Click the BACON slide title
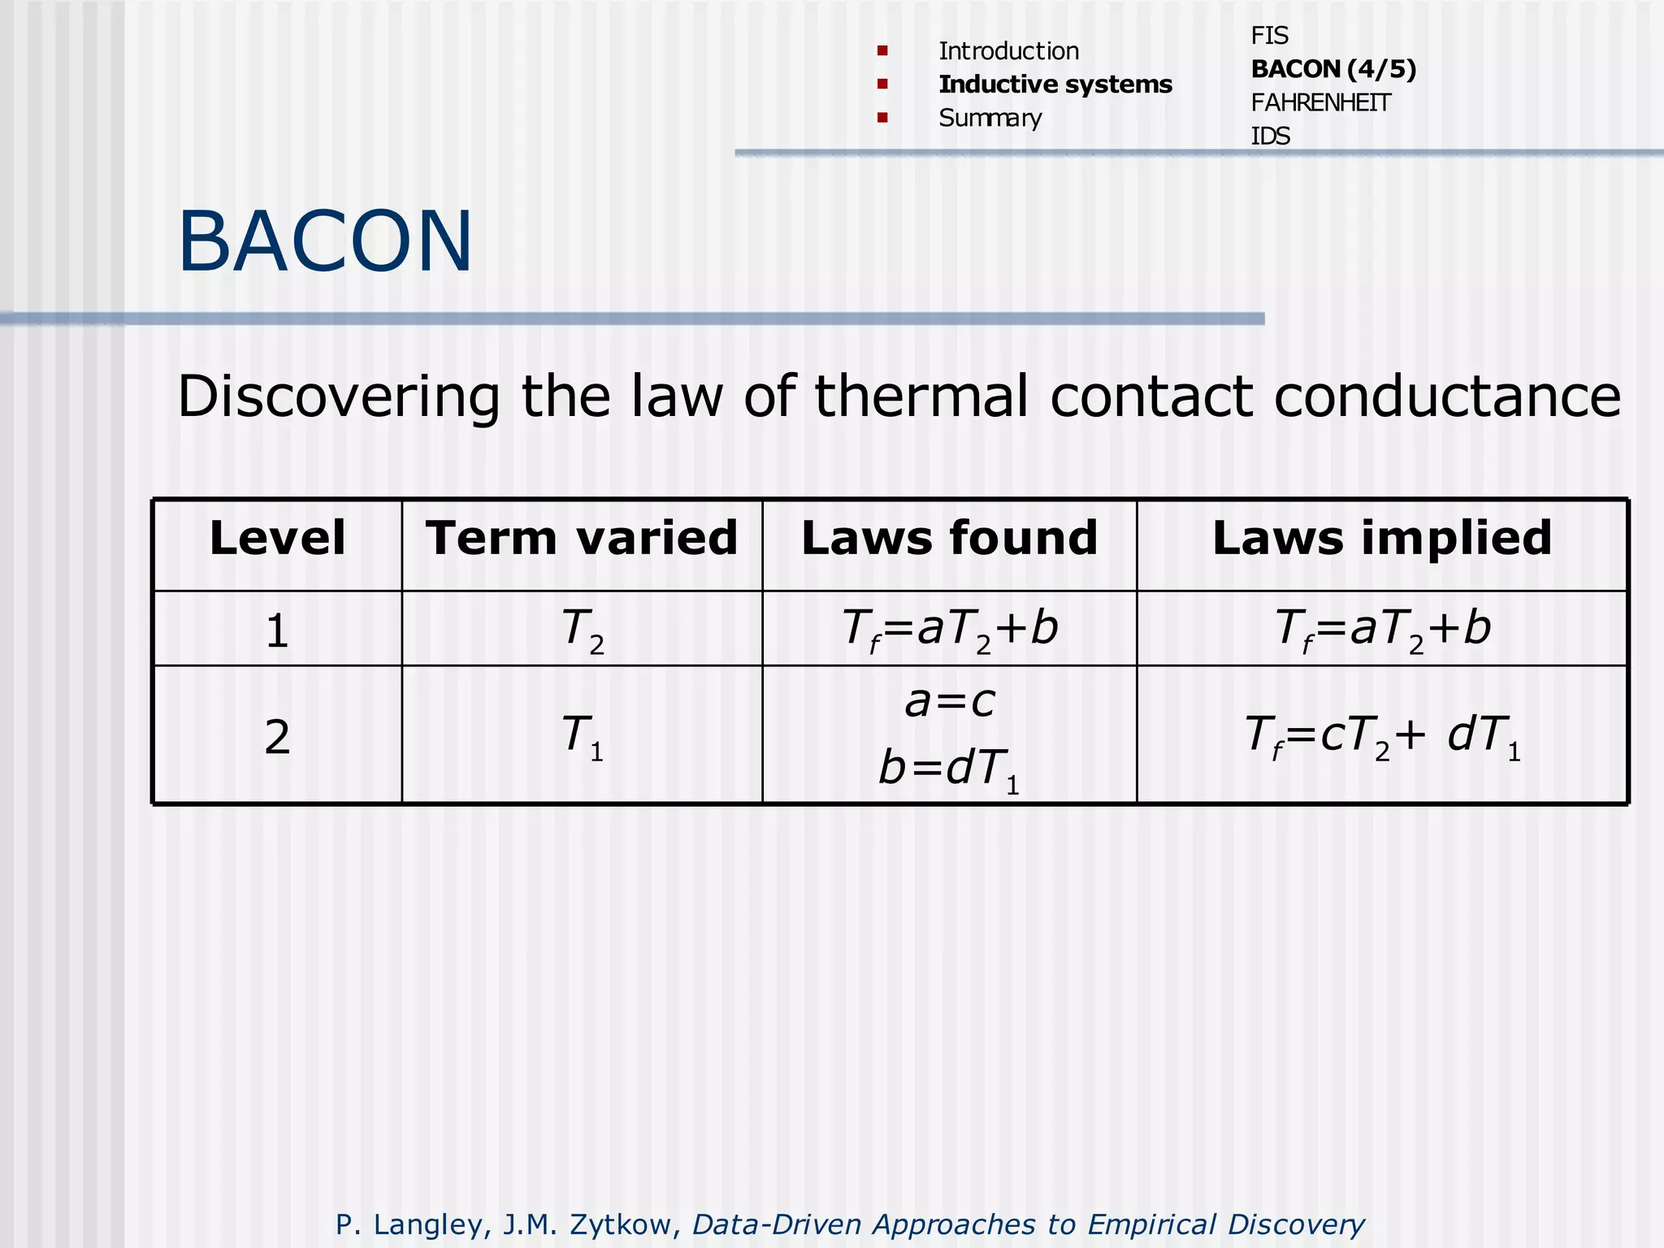(x=325, y=242)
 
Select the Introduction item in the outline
(x=1008, y=51)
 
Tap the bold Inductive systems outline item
(x=1055, y=84)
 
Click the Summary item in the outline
(x=990, y=119)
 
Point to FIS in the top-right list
(x=1269, y=36)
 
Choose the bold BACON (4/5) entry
(x=1333, y=69)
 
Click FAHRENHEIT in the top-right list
(x=1320, y=103)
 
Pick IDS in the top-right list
(x=1270, y=136)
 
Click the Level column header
(x=277, y=539)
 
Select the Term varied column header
(x=582, y=539)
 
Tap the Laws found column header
(x=949, y=539)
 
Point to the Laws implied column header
(x=1382, y=539)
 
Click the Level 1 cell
(x=277, y=630)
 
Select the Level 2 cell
(x=277, y=737)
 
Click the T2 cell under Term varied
(x=582, y=630)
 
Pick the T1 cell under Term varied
(x=582, y=737)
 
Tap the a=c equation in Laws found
(x=949, y=701)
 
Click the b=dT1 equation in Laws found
(x=949, y=769)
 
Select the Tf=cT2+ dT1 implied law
(x=1382, y=737)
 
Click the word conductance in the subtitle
(x=1447, y=397)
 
